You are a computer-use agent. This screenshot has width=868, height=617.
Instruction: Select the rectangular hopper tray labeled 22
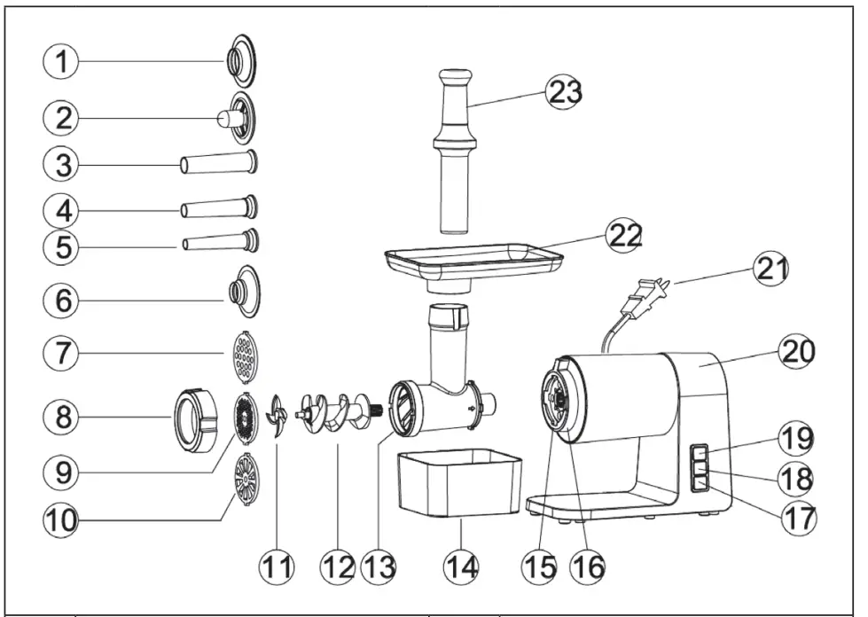(x=474, y=259)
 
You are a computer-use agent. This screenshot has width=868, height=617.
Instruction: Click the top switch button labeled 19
(x=700, y=450)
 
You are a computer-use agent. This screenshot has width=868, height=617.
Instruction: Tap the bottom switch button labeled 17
(x=700, y=483)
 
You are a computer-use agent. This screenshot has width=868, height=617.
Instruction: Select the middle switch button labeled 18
(x=700, y=467)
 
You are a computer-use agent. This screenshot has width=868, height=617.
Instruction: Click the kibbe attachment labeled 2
(x=234, y=118)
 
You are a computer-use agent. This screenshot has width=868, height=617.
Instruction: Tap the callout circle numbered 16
(x=586, y=565)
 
